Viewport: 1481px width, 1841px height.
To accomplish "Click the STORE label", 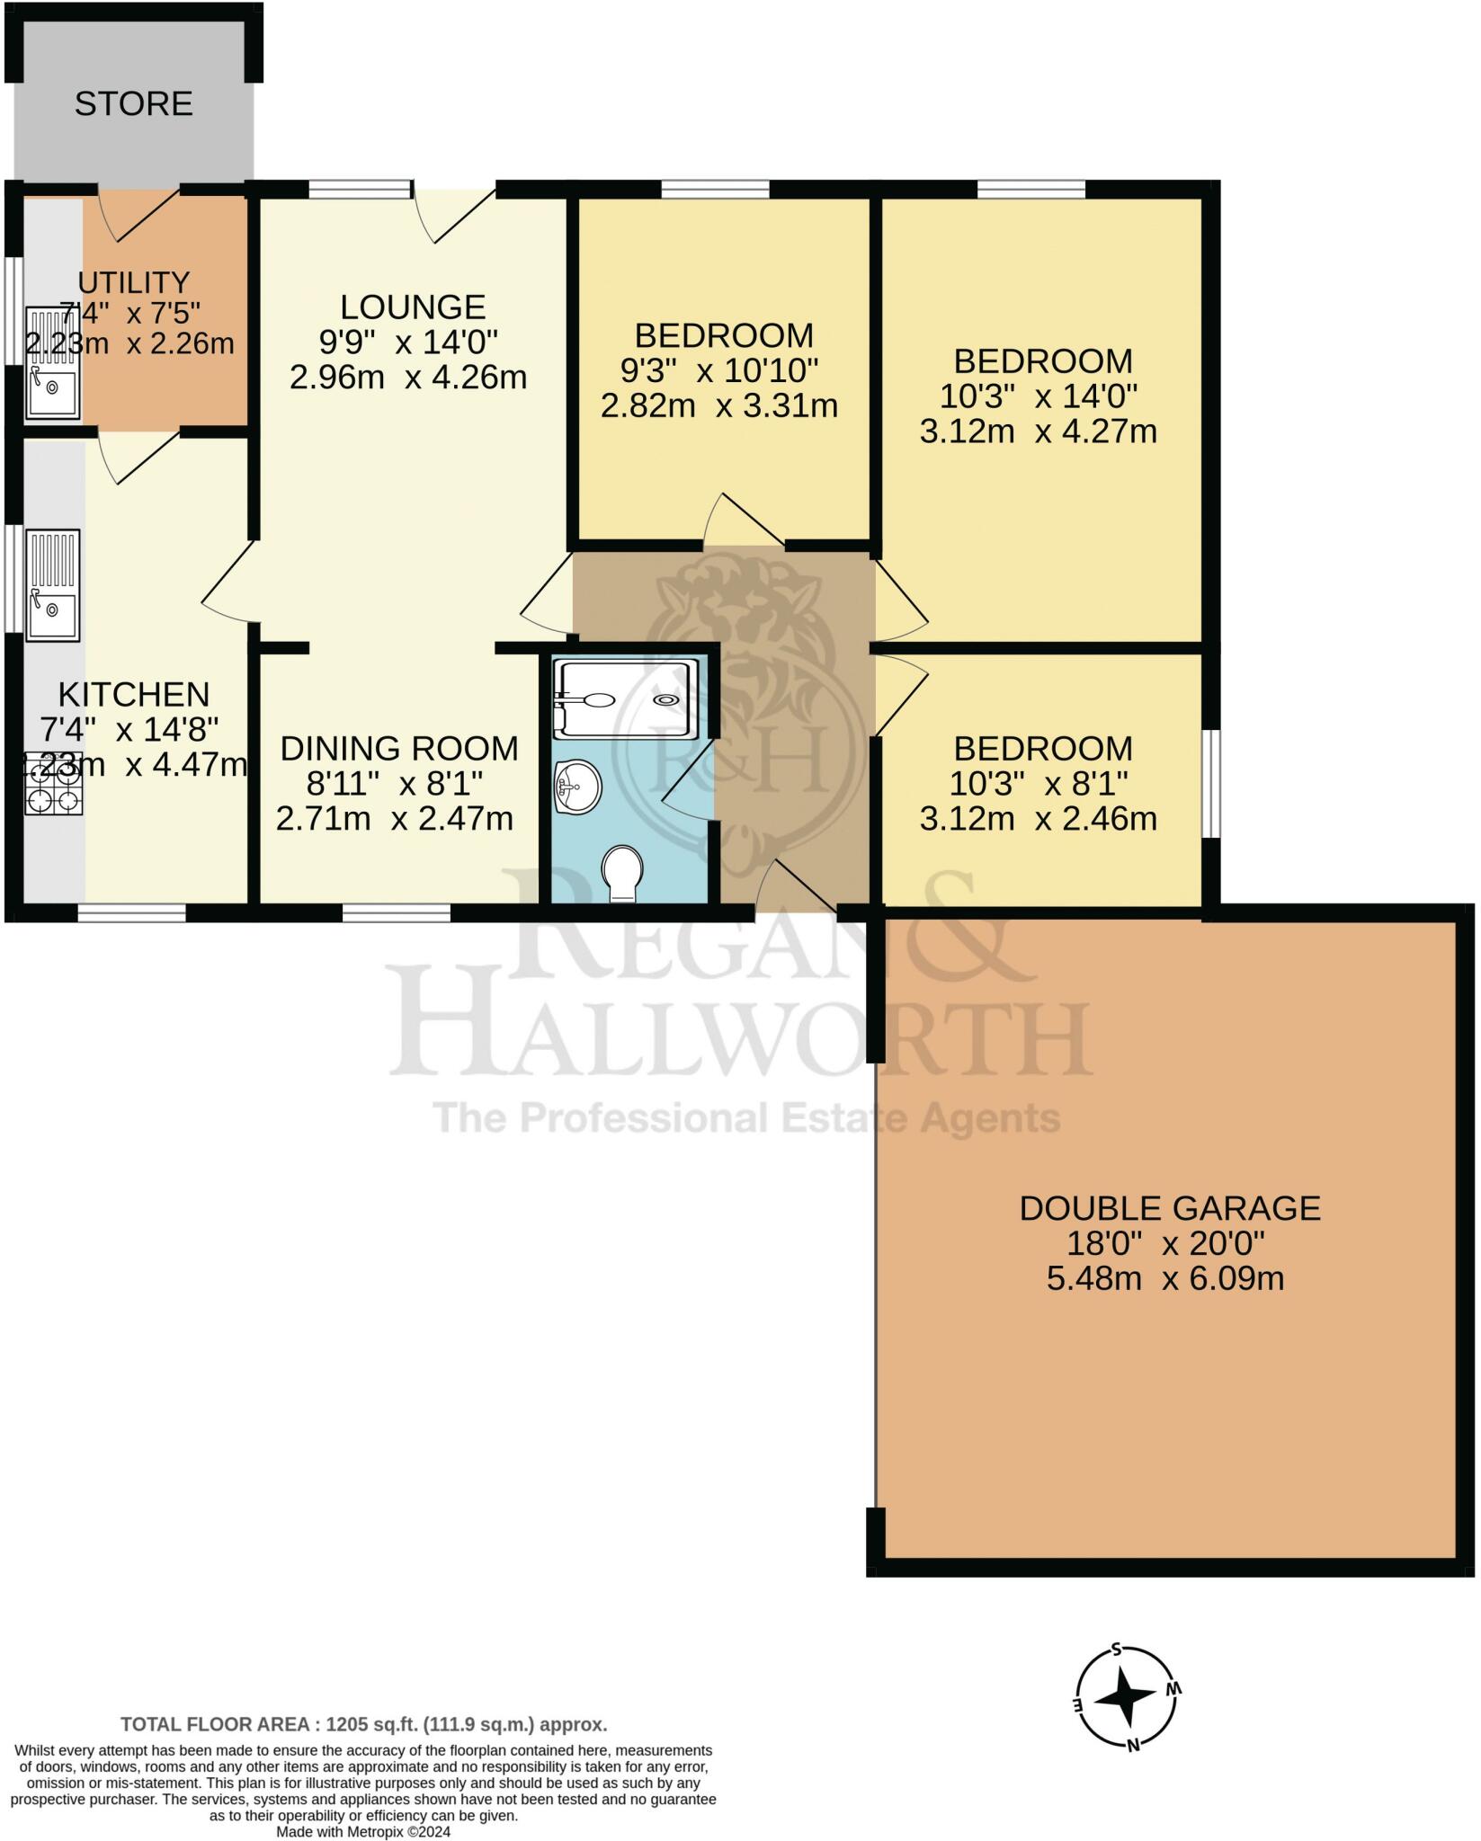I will (133, 104).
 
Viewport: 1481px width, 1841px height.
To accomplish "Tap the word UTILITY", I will (133, 282).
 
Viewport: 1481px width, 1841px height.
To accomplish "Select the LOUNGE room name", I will (413, 307).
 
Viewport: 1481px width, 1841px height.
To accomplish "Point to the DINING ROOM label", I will (398, 748).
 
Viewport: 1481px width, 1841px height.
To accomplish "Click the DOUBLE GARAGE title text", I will (1169, 1207).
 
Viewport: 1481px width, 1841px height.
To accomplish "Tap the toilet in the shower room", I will (622, 872).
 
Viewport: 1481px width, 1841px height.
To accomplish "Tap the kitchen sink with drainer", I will (53, 585).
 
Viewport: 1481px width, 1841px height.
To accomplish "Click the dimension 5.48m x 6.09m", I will (1164, 1277).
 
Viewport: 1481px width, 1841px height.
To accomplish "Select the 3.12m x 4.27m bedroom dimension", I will (1038, 431).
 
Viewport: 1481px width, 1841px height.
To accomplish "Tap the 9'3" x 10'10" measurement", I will (718, 370).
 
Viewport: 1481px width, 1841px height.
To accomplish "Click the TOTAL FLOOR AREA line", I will (364, 1724).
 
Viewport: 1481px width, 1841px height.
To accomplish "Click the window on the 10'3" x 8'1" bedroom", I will (1212, 784).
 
